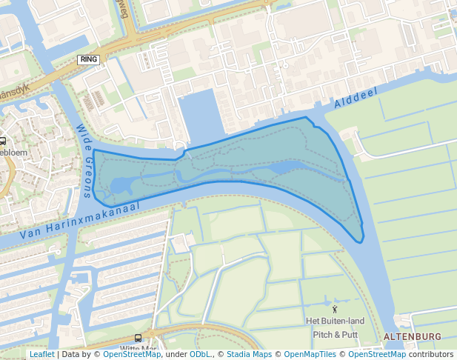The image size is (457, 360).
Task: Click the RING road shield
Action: coord(88,59)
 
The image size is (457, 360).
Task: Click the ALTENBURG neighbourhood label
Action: coord(412,336)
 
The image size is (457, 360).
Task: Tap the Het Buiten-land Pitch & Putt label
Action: coord(336,327)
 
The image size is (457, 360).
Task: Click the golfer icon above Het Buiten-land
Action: coord(335,309)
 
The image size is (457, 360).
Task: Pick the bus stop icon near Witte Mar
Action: coord(138,338)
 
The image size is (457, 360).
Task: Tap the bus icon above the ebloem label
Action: coord(2,141)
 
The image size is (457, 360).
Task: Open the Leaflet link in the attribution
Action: coord(41,355)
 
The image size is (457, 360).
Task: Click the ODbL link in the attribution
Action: coord(200,355)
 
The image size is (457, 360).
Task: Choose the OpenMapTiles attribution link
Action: coord(312,355)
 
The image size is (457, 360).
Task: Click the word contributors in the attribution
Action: coord(431,355)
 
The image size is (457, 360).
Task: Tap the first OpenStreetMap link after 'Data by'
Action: coord(132,355)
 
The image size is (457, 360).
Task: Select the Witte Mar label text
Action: coord(138,349)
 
